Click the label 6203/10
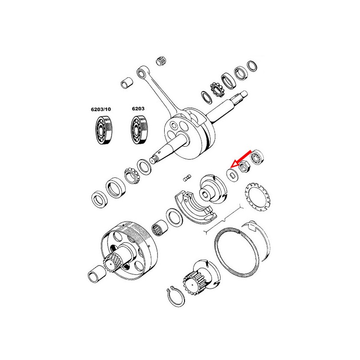(x=101, y=109)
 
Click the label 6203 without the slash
(x=138, y=108)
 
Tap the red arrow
(x=241, y=159)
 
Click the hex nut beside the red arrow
(x=245, y=166)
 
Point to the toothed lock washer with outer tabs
(x=257, y=197)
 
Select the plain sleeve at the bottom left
(x=96, y=274)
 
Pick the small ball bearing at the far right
(x=256, y=157)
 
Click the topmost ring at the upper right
(x=252, y=66)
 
